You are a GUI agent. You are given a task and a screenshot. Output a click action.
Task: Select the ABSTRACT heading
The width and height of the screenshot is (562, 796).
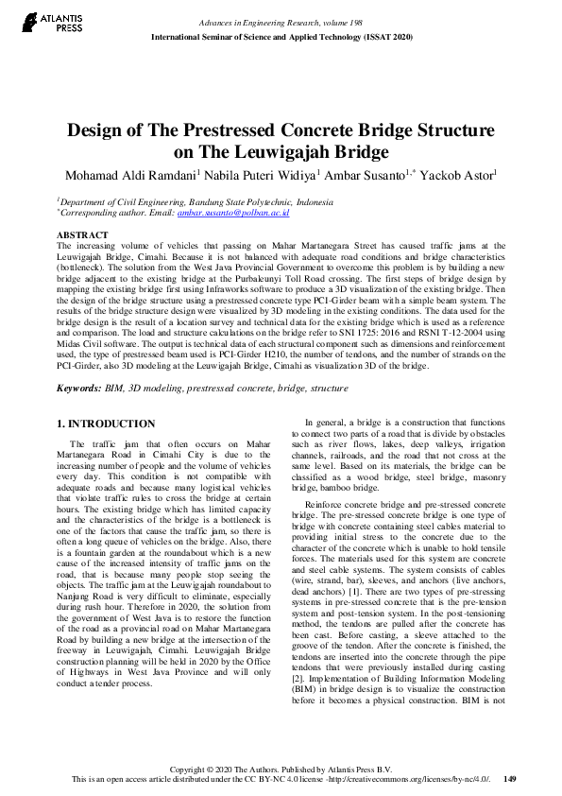pos(82,234)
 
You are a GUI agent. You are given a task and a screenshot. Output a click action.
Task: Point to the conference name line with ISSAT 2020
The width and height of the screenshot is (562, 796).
pos(281,36)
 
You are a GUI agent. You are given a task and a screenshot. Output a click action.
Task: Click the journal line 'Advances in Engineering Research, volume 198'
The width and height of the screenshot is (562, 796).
pos(281,22)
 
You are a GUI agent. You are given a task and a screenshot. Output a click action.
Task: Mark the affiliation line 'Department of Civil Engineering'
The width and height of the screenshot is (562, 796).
pos(195,202)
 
